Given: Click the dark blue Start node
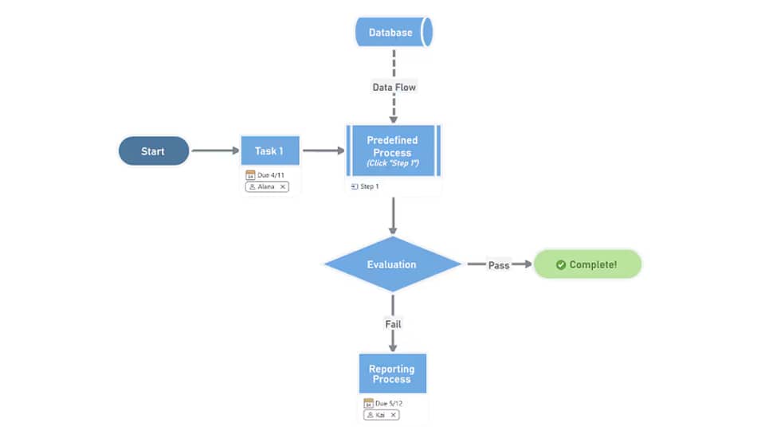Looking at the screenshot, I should click(x=153, y=151).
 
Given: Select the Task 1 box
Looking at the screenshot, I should click(x=269, y=151).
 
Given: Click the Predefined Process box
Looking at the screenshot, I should click(x=392, y=150).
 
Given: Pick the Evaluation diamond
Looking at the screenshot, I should click(x=392, y=264).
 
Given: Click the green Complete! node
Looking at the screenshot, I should click(x=586, y=264).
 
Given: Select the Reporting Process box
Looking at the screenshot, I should click(x=392, y=373).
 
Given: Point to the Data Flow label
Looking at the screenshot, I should click(x=394, y=87).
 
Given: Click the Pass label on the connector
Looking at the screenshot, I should click(x=498, y=265).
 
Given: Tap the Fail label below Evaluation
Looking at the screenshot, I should click(x=393, y=324).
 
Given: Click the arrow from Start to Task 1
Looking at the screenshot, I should click(x=215, y=151).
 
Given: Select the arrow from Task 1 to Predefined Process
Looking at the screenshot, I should click(x=323, y=151).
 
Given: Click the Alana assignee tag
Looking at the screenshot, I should click(x=266, y=186).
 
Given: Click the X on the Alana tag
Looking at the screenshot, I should click(x=282, y=186).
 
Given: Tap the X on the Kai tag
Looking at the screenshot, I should click(x=393, y=415).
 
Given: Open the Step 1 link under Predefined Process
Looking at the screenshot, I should click(x=369, y=186).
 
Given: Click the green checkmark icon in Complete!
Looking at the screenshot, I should click(x=560, y=264).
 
